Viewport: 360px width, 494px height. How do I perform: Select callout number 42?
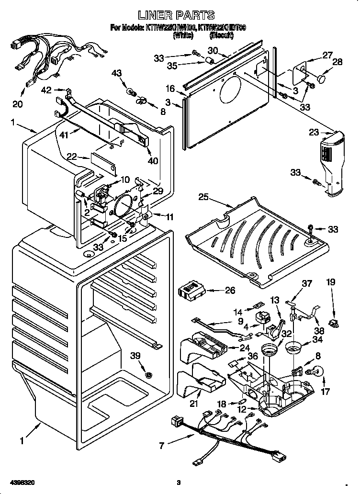coord(46,90)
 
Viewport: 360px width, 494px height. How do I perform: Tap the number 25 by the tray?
coord(203,196)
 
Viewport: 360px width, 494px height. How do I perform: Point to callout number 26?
coord(230,290)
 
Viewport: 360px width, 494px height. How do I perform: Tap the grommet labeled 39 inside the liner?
coord(150,374)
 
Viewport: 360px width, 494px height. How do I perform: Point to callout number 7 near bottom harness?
coord(162,445)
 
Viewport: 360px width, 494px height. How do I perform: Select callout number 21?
coord(194,404)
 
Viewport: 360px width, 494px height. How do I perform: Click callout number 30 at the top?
coord(213,51)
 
